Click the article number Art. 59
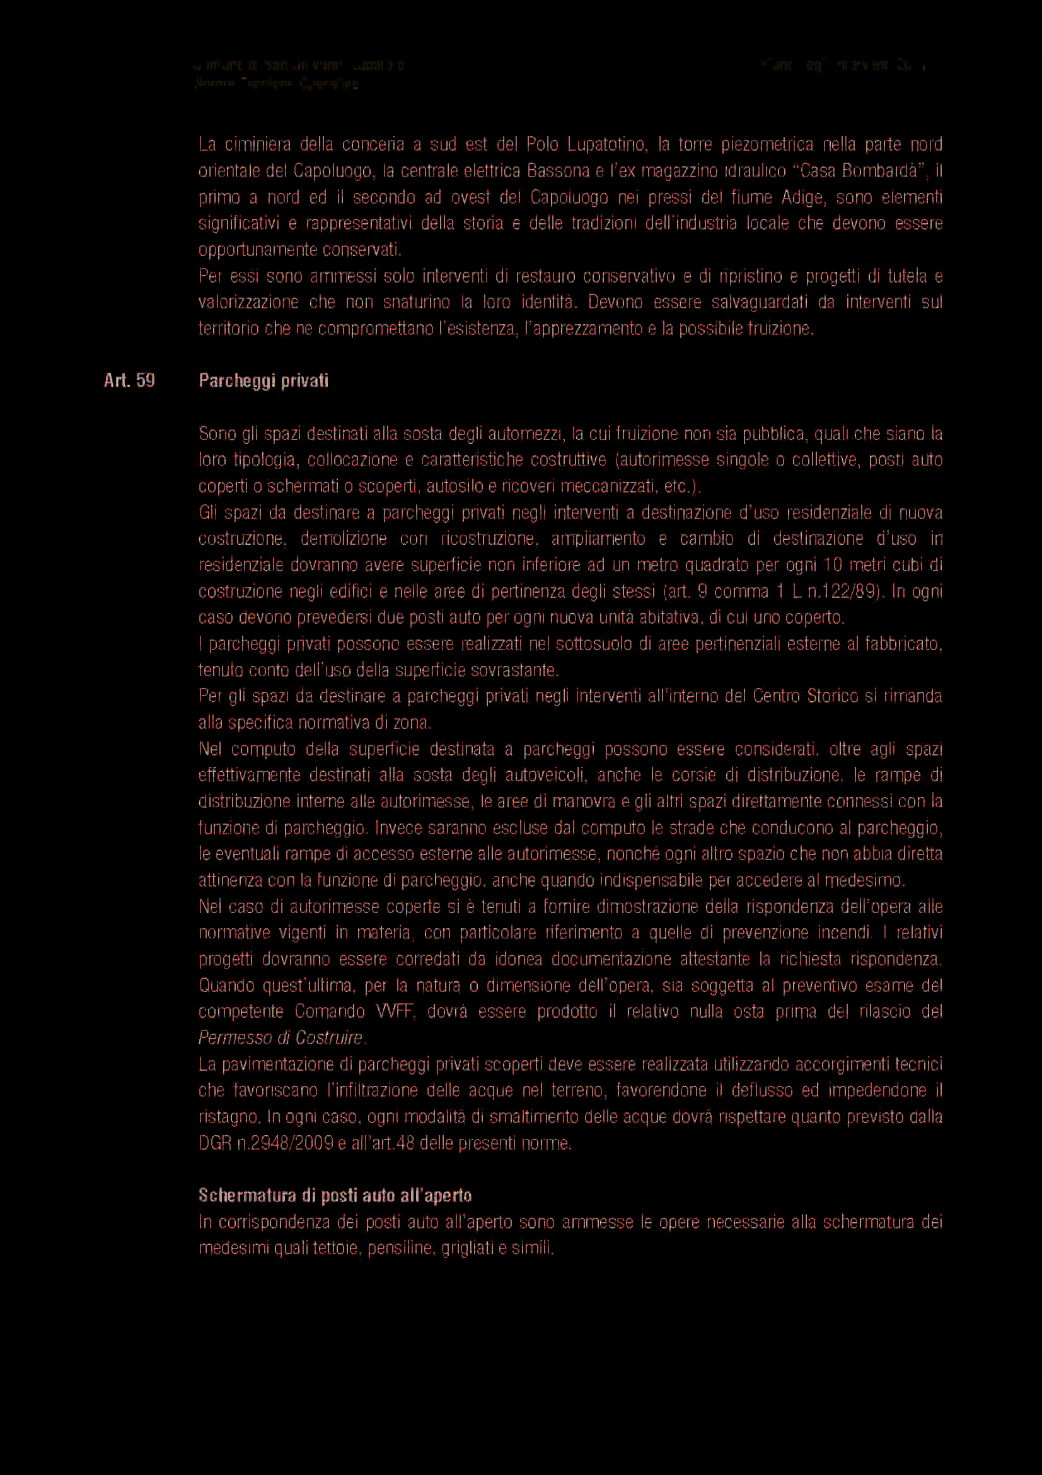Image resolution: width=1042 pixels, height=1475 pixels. click(129, 381)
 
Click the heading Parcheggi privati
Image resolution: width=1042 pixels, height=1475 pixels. click(263, 381)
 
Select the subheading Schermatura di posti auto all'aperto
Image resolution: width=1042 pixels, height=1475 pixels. click(335, 1195)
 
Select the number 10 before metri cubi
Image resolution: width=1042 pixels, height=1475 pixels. click(832, 564)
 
